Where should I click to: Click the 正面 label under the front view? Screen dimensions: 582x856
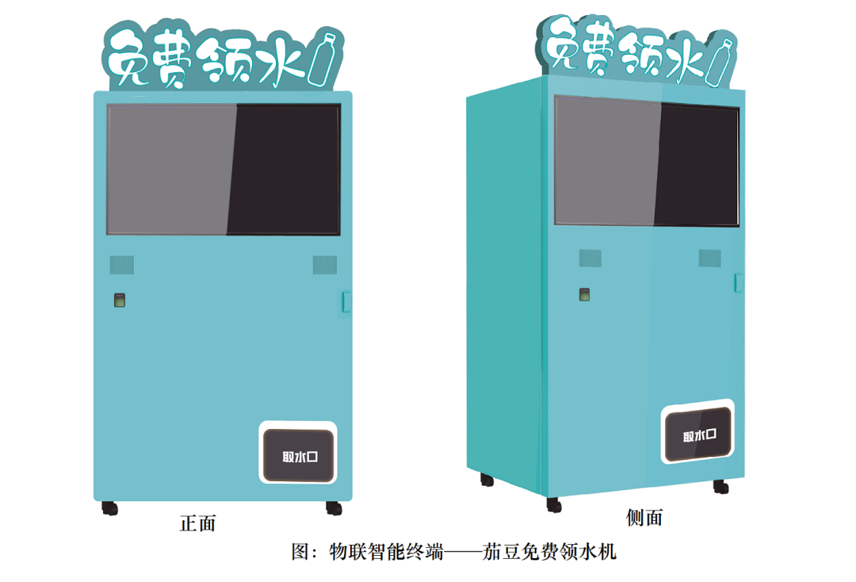(x=197, y=523)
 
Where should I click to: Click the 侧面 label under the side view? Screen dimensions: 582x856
(x=644, y=518)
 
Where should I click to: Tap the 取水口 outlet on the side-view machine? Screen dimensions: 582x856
(x=698, y=435)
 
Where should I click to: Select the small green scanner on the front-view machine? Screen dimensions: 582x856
(x=119, y=300)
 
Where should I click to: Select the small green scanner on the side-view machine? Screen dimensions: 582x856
(x=584, y=295)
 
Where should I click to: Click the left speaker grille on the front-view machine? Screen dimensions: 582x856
(x=121, y=264)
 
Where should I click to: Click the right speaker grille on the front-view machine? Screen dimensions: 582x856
(x=324, y=264)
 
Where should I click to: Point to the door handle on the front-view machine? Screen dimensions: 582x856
(x=346, y=302)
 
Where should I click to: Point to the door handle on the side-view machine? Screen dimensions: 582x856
(x=738, y=282)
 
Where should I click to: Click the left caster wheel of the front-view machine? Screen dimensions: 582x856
(x=109, y=508)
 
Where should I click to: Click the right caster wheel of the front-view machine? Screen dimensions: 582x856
(x=334, y=507)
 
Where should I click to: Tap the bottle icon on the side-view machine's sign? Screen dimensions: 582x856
(x=720, y=61)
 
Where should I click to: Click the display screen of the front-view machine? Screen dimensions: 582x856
(x=224, y=169)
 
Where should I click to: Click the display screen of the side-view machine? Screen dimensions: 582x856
(x=646, y=161)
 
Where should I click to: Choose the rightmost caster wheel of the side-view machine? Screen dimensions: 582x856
(x=720, y=487)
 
